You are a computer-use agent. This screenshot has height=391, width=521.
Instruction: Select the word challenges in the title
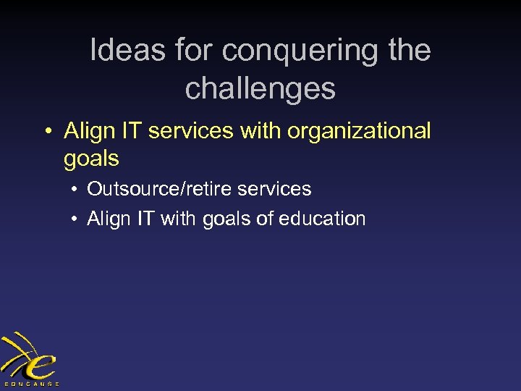(260, 88)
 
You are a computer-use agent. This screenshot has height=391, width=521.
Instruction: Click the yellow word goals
(91, 159)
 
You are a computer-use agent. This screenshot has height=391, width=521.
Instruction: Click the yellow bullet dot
(47, 132)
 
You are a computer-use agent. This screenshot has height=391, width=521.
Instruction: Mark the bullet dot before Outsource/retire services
(75, 190)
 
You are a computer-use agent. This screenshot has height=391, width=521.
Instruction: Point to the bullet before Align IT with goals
(75, 219)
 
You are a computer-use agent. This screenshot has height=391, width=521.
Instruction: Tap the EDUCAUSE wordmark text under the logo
(30, 383)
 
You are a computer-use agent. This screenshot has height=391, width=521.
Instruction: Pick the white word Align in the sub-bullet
(106, 219)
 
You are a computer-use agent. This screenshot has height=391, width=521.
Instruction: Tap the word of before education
(267, 219)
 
